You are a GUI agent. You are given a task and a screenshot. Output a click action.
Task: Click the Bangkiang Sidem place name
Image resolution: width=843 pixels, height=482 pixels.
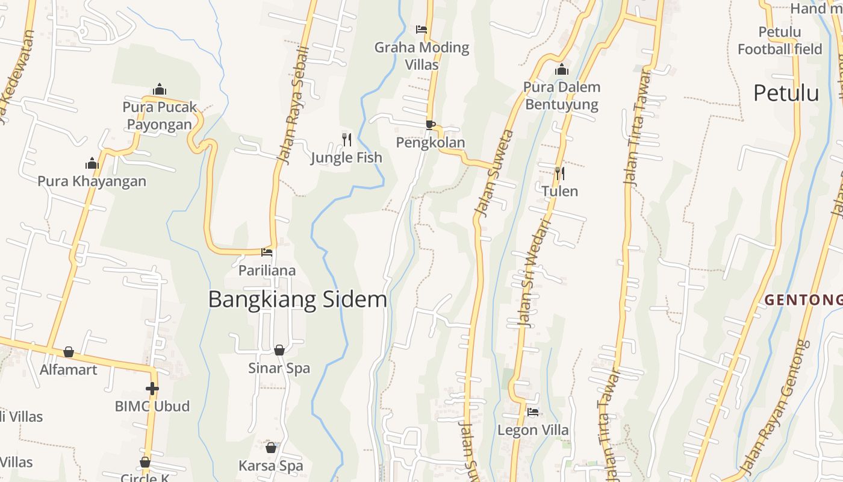click(297, 299)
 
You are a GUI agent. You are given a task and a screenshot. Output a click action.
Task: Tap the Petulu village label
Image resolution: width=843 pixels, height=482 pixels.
click(786, 93)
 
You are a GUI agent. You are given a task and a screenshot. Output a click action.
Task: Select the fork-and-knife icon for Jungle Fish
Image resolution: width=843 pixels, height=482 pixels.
click(346, 140)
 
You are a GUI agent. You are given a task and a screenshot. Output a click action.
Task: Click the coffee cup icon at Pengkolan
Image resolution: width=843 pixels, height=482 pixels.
click(430, 125)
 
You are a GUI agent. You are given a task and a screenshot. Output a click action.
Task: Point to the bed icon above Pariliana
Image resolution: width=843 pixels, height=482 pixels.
click(267, 252)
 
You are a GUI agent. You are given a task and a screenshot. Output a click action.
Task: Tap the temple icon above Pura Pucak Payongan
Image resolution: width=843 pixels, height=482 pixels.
click(160, 90)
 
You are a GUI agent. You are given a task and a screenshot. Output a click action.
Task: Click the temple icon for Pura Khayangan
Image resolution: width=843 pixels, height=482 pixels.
click(92, 163)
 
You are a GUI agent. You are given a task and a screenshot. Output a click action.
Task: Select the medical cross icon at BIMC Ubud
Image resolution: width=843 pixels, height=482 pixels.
click(152, 389)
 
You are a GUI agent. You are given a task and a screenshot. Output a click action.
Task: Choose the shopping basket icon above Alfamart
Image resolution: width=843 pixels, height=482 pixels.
click(69, 352)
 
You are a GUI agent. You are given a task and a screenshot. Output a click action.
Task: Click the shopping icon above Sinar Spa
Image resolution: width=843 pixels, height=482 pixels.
click(279, 350)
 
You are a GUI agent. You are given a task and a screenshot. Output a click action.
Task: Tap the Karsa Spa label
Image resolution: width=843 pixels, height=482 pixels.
click(270, 466)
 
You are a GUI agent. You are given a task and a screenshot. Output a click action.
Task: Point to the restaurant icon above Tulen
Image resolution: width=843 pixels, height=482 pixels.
click(559, 174)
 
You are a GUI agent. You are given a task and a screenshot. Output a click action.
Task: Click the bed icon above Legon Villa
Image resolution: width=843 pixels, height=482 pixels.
click(533, 412)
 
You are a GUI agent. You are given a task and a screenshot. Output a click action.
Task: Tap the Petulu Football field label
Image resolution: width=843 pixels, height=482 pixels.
click(780, 40)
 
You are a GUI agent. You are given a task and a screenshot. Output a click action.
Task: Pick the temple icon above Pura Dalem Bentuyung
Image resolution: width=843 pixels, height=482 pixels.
click(562, 70)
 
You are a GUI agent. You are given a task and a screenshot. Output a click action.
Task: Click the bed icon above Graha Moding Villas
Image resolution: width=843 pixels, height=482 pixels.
click(421, 29)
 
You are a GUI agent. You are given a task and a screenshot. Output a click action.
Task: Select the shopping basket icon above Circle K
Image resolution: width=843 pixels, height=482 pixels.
click(145, 462)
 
